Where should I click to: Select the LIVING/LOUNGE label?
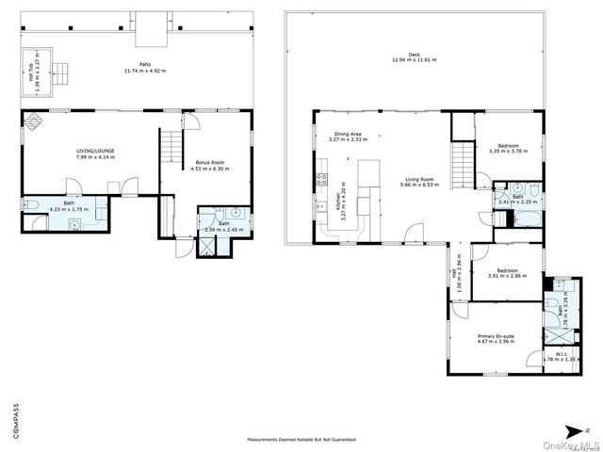95,151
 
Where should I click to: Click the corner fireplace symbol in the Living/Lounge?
33,121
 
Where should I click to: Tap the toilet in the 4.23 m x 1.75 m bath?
30,206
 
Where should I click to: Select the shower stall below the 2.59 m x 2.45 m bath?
206,248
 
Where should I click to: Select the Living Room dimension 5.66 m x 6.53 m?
418,186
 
